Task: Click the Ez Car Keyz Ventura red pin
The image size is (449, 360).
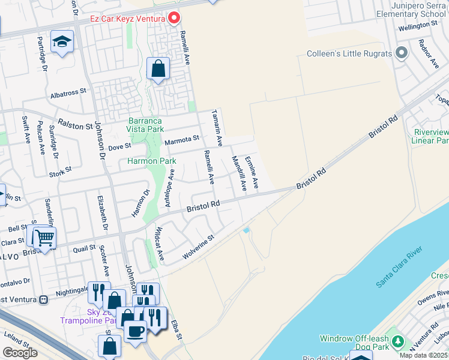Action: coord(174,18)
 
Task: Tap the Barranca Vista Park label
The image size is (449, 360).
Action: coord(146,125)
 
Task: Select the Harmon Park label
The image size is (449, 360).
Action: coord(151,161)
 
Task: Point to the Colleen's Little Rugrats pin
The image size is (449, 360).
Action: coord(402,53)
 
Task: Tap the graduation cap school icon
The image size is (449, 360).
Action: coord(62,42)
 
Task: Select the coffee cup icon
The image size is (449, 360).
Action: coord(136,329)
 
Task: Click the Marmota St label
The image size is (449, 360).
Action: coord(182,139)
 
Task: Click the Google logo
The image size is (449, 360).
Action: coord(20,352)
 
